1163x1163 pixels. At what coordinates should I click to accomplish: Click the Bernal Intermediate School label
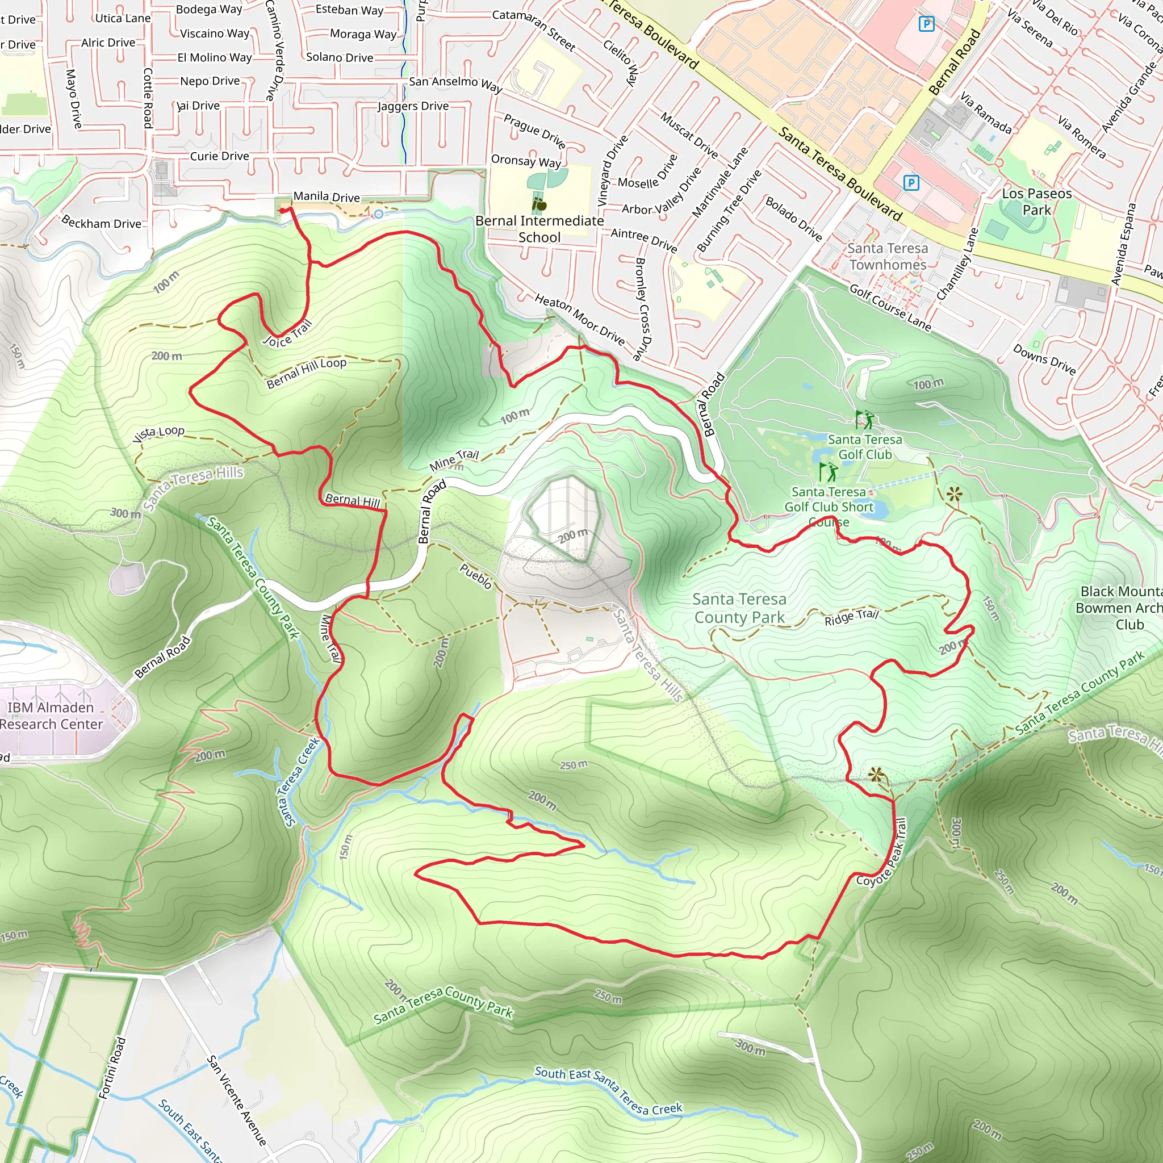pyautogui.click(x=539, y=229)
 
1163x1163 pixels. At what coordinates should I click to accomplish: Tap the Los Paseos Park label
pyautogui.click(x=1036, y=202)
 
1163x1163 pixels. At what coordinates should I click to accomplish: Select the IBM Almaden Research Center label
pyautogui.click(x=51, y=716)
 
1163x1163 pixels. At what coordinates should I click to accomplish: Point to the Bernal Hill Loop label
pyautogui.click(x=307, y=373)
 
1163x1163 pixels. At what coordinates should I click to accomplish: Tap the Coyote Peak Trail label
pyautogui.click(x=882, y=852)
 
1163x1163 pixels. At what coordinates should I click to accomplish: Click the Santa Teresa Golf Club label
pyautogui.click(x=864, y=447)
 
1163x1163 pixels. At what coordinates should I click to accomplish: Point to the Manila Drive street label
pyautogui.click(x=327, y=196)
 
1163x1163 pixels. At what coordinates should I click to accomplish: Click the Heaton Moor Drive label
pyautogui.click(x=580, y=319)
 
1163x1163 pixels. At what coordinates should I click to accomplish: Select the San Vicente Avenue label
pyautogui.click(x=237, y=1100)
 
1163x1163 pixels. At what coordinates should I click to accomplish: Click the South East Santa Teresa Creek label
pyautogui.click(x=608, y=1090)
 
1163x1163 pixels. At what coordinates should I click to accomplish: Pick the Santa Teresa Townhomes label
pyautogui.click(x=888, y=257)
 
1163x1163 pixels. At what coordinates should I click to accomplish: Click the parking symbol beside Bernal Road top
pyautogui.click(x=926, y=24)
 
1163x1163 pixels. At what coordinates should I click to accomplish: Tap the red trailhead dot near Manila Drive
pyautogui.click(x=282, y=210)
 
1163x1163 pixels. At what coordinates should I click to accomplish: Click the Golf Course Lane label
pyautogui.click(x=890, y=308)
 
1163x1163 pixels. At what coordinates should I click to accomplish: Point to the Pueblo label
pyautogui.click(x=475, y=576)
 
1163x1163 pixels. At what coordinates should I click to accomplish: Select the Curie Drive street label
pyautogui.click(x=219, y=156)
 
